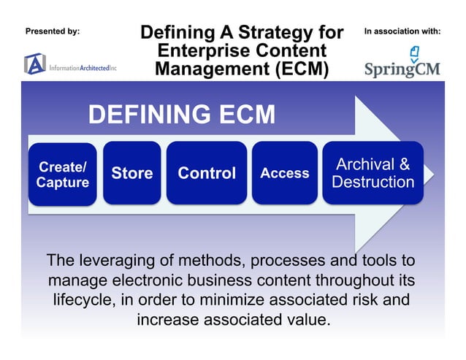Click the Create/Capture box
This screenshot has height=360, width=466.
pos(62,174)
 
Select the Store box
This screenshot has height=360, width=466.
pos(131,173)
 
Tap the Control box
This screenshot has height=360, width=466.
pos(207,173)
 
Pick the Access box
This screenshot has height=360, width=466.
pos(284,173)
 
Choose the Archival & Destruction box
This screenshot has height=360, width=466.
pos(373,173)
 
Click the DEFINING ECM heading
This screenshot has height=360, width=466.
pos(182,115)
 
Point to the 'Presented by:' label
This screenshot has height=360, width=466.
pos(53,31)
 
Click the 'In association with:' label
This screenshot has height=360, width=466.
pos(402,31)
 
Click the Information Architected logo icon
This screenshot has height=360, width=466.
pos(34,64)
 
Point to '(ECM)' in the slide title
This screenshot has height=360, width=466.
pos(297,69)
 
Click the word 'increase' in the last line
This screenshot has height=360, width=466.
pos(169,320)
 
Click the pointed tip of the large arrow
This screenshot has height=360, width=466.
pos(432,174)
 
